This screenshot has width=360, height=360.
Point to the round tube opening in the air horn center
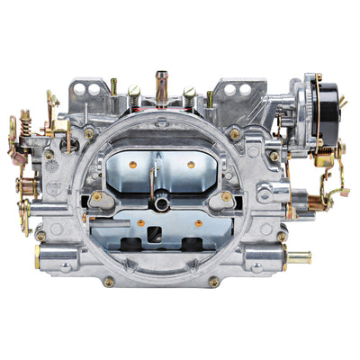(162, 204)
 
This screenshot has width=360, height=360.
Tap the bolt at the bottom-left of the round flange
(109, 281)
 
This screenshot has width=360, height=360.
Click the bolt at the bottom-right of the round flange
(214, 281)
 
